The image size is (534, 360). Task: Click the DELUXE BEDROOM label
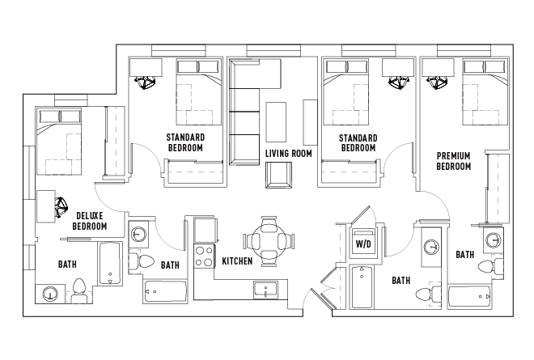(x=90, y=220)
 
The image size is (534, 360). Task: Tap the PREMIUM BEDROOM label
(x=454, y=161)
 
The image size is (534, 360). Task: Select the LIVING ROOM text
(x=288, y=153)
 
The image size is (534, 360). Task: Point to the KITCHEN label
(x=237, y=261)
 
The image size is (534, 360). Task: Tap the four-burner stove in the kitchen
(x=203, y=256)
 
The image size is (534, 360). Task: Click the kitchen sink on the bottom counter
(x=266, y=288)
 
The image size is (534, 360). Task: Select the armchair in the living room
(x=278, y=174)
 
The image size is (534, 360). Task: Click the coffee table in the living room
(x=276, y=119)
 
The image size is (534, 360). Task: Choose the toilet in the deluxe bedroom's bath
(x=79, y=288)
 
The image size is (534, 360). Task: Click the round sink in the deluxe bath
(x=50, y=294)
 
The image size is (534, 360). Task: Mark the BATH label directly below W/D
(x=401, y=281)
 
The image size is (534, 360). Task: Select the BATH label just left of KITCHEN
(x=170, y=265)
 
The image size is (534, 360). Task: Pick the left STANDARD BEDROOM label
(x=185, y=142)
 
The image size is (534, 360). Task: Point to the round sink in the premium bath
(x=494, y=241)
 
